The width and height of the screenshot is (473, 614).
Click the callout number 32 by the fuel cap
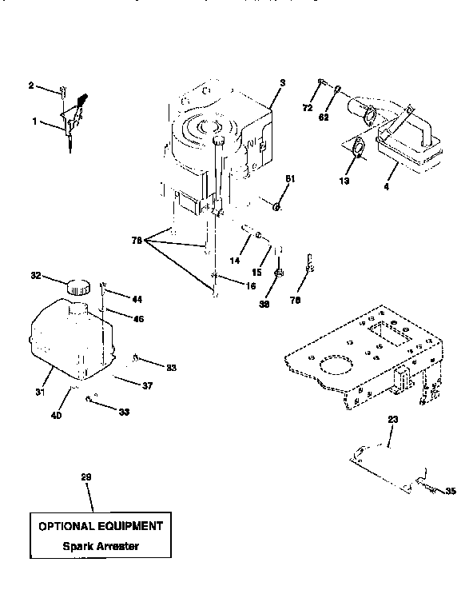click(35, 277)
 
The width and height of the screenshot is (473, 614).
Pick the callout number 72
click(307, 106)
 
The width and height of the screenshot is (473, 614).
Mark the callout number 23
click(392, 419)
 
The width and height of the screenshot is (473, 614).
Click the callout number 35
click(450, 492)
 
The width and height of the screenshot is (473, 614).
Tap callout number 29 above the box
click(86, 477)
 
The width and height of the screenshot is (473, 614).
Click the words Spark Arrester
click(100, 548)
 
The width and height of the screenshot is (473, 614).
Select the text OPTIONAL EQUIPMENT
click(101, 526)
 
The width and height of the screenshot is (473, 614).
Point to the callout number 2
click(31, 85)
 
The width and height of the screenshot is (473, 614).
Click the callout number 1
click(34, 121)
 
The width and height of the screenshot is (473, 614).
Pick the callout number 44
click(137, 299)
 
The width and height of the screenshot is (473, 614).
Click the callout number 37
click(147, 386)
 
